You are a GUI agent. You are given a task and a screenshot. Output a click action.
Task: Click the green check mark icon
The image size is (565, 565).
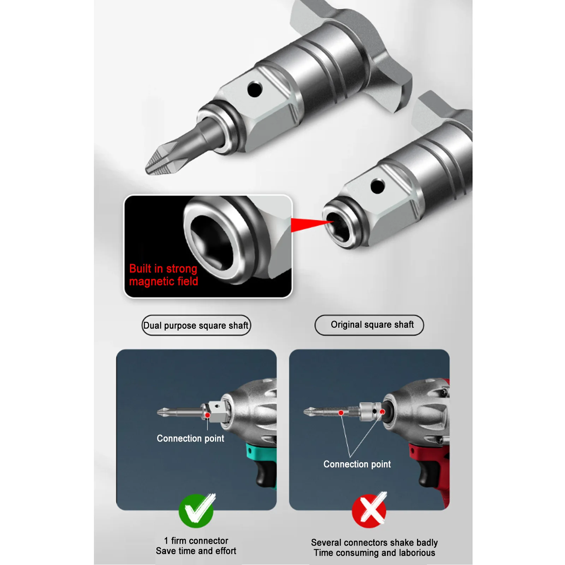(196, 511)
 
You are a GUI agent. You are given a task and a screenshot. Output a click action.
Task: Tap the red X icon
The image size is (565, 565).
(369, 510)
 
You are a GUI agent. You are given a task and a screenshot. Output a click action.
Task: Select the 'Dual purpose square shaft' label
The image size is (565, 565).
(196, 325)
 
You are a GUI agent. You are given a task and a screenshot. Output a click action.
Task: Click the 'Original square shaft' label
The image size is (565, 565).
(369, 325)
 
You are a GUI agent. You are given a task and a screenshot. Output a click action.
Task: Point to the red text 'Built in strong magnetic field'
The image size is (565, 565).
(163, 275)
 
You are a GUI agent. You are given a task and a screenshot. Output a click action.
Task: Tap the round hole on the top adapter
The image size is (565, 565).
(255, 89)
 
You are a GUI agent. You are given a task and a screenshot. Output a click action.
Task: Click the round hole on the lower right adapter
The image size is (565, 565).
(377, 186)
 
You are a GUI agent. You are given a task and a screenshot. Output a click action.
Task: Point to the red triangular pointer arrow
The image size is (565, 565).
(311, 225)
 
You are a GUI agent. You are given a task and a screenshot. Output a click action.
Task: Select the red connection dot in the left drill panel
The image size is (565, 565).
(208, 415)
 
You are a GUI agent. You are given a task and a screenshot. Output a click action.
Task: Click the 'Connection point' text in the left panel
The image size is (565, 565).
(190, 439)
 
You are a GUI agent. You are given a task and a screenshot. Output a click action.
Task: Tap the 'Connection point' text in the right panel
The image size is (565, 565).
(357, 464)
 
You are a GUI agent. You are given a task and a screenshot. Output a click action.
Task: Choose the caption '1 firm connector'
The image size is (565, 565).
(196, 541)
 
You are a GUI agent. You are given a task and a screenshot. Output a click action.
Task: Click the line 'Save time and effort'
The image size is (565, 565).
(196, 551)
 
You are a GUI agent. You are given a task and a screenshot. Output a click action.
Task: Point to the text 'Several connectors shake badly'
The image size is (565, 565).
(374, 542)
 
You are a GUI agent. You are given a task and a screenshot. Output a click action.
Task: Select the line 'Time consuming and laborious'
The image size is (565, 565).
(374, 553)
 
